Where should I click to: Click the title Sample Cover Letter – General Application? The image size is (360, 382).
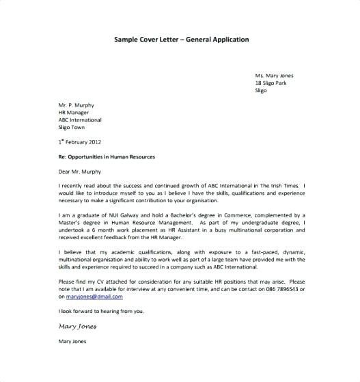point(181,39)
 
